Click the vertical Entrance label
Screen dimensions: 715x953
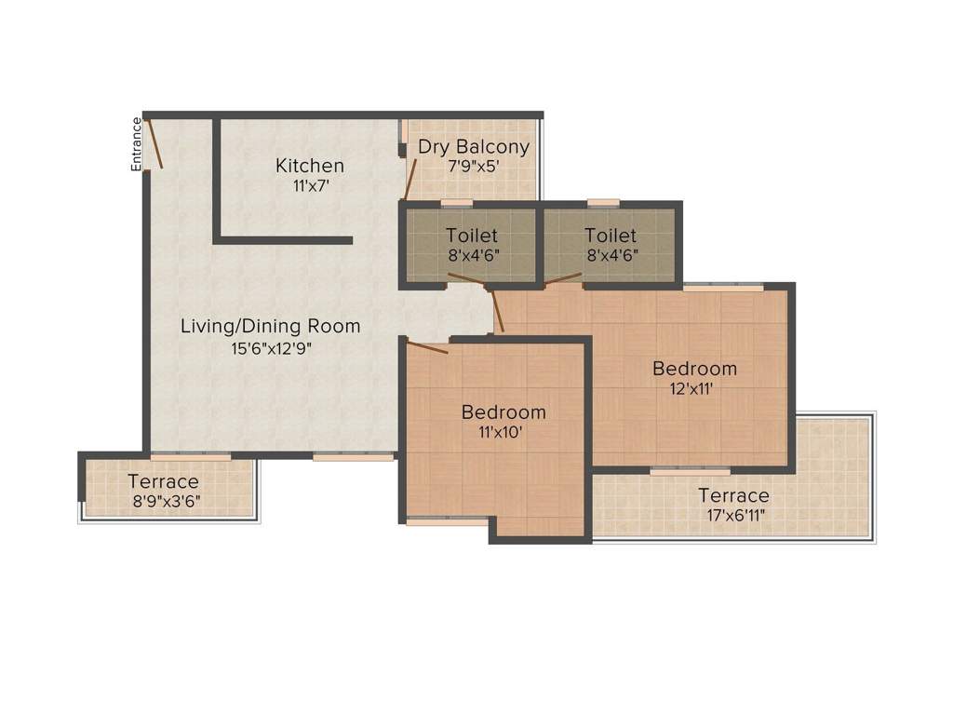pos(137,143)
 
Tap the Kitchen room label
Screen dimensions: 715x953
pos(310,166)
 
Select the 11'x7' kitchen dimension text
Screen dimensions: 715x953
pos(310,185)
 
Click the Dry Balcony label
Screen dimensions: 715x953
pos(473,147)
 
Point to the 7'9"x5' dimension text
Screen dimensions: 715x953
pos(473,166)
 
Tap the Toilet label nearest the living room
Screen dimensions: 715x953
pos(471,236)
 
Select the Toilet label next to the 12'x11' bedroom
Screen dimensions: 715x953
pos(611,236)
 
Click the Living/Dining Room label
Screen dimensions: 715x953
pos(270,327)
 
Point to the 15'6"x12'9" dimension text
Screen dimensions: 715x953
pos(270,348)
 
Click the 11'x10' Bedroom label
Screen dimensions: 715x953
pos(503,411)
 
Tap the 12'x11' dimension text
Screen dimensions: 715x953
pos(694,389)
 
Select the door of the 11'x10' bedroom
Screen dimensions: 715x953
pos(427,347)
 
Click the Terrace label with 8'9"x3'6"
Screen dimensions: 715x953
pos(163,481)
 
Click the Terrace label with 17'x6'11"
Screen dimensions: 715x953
pos(733,495)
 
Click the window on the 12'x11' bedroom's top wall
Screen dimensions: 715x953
pos(723,288)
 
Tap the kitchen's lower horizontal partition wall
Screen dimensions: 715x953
pos(283,240)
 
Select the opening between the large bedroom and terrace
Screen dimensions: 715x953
pos(690,472)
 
